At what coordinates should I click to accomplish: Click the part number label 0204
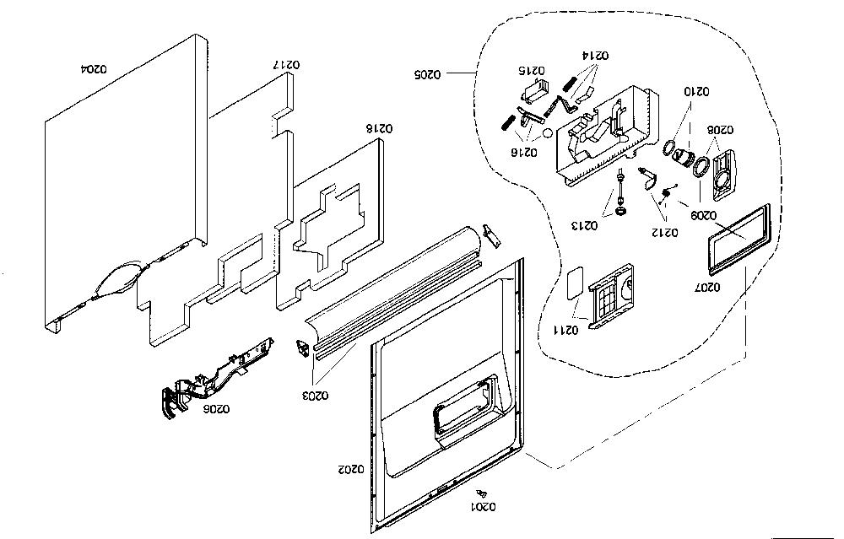coord(95,69)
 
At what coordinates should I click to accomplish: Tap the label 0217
coord(287,65)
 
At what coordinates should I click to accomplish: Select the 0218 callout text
coord(380,128)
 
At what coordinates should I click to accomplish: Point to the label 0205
coord(427,74)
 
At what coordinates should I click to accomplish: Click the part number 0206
coord(216,409)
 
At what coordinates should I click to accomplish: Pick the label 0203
coord(316,396)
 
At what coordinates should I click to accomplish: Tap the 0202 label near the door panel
coord(351,469)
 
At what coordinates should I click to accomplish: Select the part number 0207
coord(707,288)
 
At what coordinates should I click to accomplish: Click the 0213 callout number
coord(585,225)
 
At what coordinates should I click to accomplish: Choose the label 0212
coord(665,232)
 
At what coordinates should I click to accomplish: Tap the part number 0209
coord(704,216)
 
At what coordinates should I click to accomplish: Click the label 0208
coord(720,130)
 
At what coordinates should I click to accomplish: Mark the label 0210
coord(696,91)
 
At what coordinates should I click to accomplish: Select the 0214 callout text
coord(595,55)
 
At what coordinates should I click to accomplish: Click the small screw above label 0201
coord(482,493)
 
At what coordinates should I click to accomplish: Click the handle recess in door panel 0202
coord(463,407)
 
